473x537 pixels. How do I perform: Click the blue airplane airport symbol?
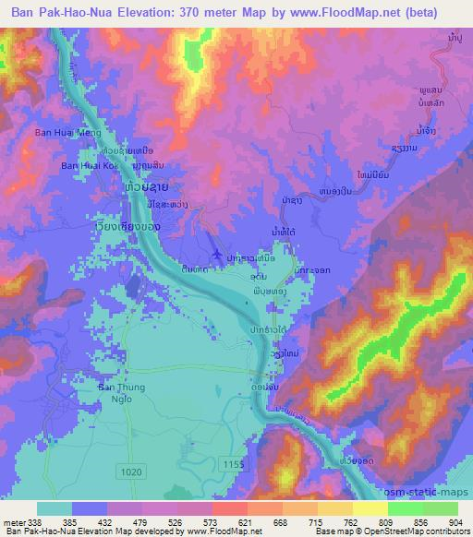(x=217, y=254)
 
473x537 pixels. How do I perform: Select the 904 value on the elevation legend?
(x=456, y=521)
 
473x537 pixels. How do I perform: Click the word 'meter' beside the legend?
(x=14, y=521)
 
